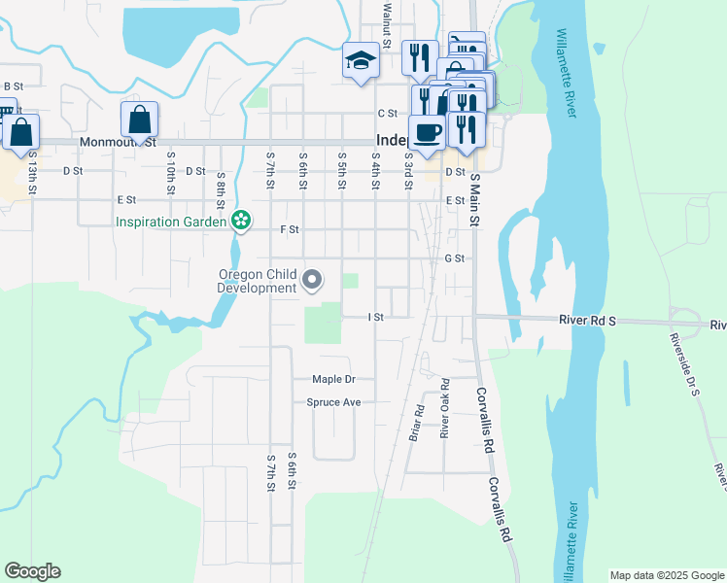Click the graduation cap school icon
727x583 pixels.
360,61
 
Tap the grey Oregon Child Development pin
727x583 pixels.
313,281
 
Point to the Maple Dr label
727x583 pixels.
334,379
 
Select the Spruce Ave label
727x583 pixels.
333,401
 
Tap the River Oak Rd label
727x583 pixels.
443,408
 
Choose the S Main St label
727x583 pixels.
475,201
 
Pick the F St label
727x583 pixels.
289,229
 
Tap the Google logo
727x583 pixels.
32,571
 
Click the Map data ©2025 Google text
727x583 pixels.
666,575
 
